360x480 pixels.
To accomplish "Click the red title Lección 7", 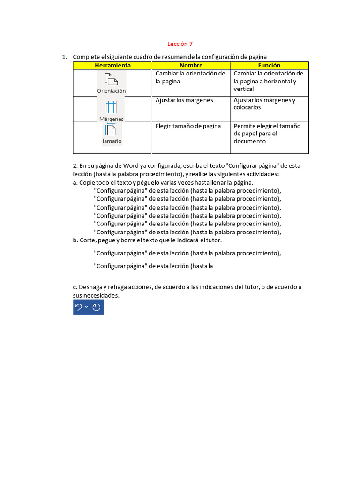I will [x=180, y=44].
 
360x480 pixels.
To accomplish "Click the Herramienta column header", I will [x=112, y=66].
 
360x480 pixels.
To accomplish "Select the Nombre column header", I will [x=191, y=66].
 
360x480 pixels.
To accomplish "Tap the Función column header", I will [x=269, y=66].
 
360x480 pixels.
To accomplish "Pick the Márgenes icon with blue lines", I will [x=111, y=107].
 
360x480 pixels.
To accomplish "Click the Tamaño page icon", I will [x=111, y=130].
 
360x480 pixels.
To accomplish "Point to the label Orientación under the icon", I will [x=111, y=91].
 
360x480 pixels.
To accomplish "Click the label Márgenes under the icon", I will [x=111, y=119].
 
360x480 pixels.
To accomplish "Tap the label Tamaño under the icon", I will [x=112, y=141].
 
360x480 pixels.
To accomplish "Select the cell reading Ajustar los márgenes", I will [x=184, y=100].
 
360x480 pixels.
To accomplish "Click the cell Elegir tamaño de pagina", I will [x=188, y=126].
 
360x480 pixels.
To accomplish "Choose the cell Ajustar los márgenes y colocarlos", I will [x=264, y=104].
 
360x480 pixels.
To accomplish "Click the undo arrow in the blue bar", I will [x=79, y=307].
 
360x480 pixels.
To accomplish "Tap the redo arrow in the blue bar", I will [x=97, y=307].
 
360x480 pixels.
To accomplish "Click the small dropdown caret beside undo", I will [x=87, y=307].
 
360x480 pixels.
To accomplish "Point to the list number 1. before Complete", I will [x=65, y=57].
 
